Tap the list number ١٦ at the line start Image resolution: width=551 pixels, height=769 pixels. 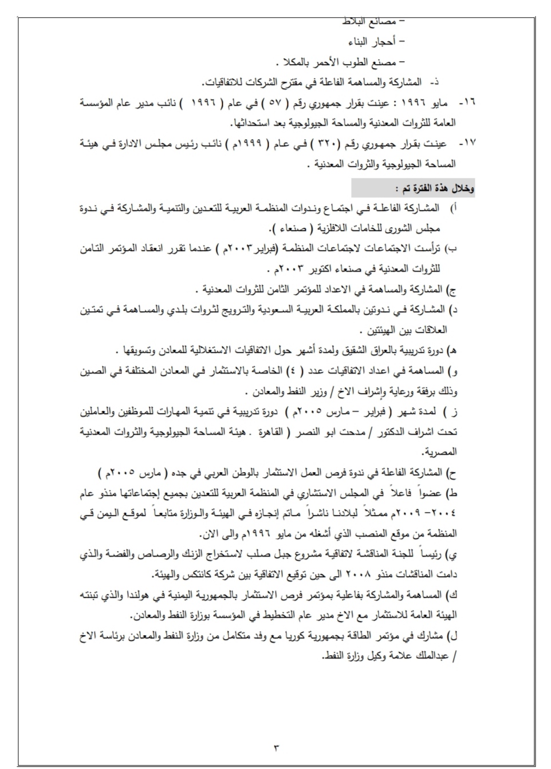469,103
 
